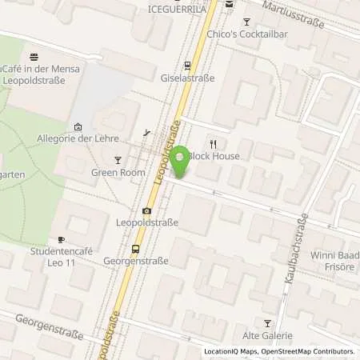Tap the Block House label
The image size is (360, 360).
point(215,157)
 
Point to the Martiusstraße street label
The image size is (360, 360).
point(298,14)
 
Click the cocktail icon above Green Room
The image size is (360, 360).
point(117,158)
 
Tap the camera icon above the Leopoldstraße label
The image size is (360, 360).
point(146,211)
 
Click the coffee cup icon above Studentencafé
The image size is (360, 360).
point(61,240)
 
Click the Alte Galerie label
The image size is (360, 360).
point(268,336)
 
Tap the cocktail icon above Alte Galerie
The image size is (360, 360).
point(268,322)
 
